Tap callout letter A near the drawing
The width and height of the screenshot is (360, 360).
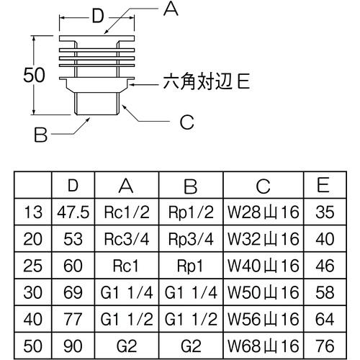[171, 9]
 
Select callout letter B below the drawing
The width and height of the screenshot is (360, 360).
[41, 134]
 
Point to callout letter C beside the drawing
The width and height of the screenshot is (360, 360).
[187, 122]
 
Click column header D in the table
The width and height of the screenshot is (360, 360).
[72, 186]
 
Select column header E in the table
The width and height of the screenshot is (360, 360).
[323, 186]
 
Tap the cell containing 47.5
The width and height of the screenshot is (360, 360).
[72, 212]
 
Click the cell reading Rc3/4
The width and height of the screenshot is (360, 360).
[127, 238]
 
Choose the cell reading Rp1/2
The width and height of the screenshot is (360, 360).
[190, 212]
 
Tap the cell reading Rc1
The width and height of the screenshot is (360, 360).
[127, 264]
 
